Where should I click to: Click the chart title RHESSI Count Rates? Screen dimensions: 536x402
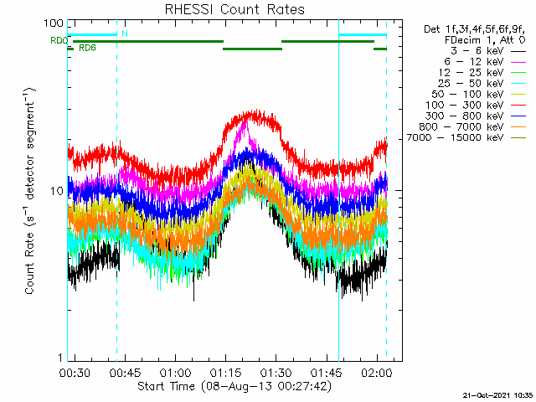pyautogui.click(x=234, y=9)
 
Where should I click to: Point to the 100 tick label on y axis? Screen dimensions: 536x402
pyautogui.click(x=54, y=23)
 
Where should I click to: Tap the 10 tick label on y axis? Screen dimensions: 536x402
pyautogui.click(x=57, y=191)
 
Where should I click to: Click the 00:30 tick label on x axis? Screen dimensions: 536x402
pyautogui.click(x=75, y=372)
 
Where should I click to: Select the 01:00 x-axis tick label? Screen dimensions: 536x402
pyautogui.click(x=175, y=372)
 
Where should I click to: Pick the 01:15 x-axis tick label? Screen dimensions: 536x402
pyautogui.click(x=225, y=372)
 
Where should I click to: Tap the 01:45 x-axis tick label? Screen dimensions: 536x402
pyautogui.click(x=327, y=372)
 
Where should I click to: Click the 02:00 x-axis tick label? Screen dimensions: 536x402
pyautogui.click(x=377, y=372)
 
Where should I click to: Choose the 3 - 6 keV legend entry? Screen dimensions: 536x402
pyautogui.click(x=488, y=51)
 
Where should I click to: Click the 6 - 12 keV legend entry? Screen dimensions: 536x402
pyautogui.click(x=485, y=62)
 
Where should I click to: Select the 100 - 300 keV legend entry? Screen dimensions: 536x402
pyautogui.click(x=476, y=105)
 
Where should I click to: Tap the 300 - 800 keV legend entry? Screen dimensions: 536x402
pyautogui.click(x=476, y=116)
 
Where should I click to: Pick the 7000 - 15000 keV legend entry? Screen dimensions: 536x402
pyautogui.click(x=466, y=137)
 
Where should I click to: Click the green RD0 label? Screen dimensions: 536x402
pyautogui.click(x=59, y=41)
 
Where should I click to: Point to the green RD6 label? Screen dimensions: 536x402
pyautogui.click(x=87, y=49)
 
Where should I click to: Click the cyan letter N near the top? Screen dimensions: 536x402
pyautogui.click(x=125, y=33)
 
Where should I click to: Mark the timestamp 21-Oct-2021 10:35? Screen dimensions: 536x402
pyautogui.click(x=498, y=395)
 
